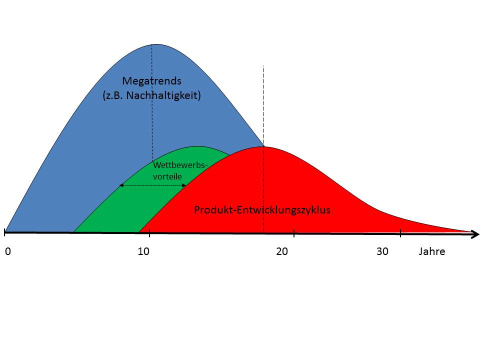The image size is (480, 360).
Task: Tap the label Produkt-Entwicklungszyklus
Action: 262,210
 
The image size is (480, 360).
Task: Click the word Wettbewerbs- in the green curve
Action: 179,165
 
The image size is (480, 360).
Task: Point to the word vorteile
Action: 167,176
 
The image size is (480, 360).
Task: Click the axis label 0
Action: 8,251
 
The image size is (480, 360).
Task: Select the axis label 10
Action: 143,251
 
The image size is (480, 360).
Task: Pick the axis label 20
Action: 282,251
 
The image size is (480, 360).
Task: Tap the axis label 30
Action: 382,251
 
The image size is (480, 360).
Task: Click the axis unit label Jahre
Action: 431,251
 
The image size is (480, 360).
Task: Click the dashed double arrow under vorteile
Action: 152,185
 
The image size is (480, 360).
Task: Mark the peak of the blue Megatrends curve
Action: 152,44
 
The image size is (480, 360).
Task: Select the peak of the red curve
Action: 263,147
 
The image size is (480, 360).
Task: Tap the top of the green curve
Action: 198,146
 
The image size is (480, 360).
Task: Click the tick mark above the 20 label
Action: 294,232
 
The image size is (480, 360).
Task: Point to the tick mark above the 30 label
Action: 400,232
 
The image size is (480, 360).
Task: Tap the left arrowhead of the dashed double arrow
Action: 120,185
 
